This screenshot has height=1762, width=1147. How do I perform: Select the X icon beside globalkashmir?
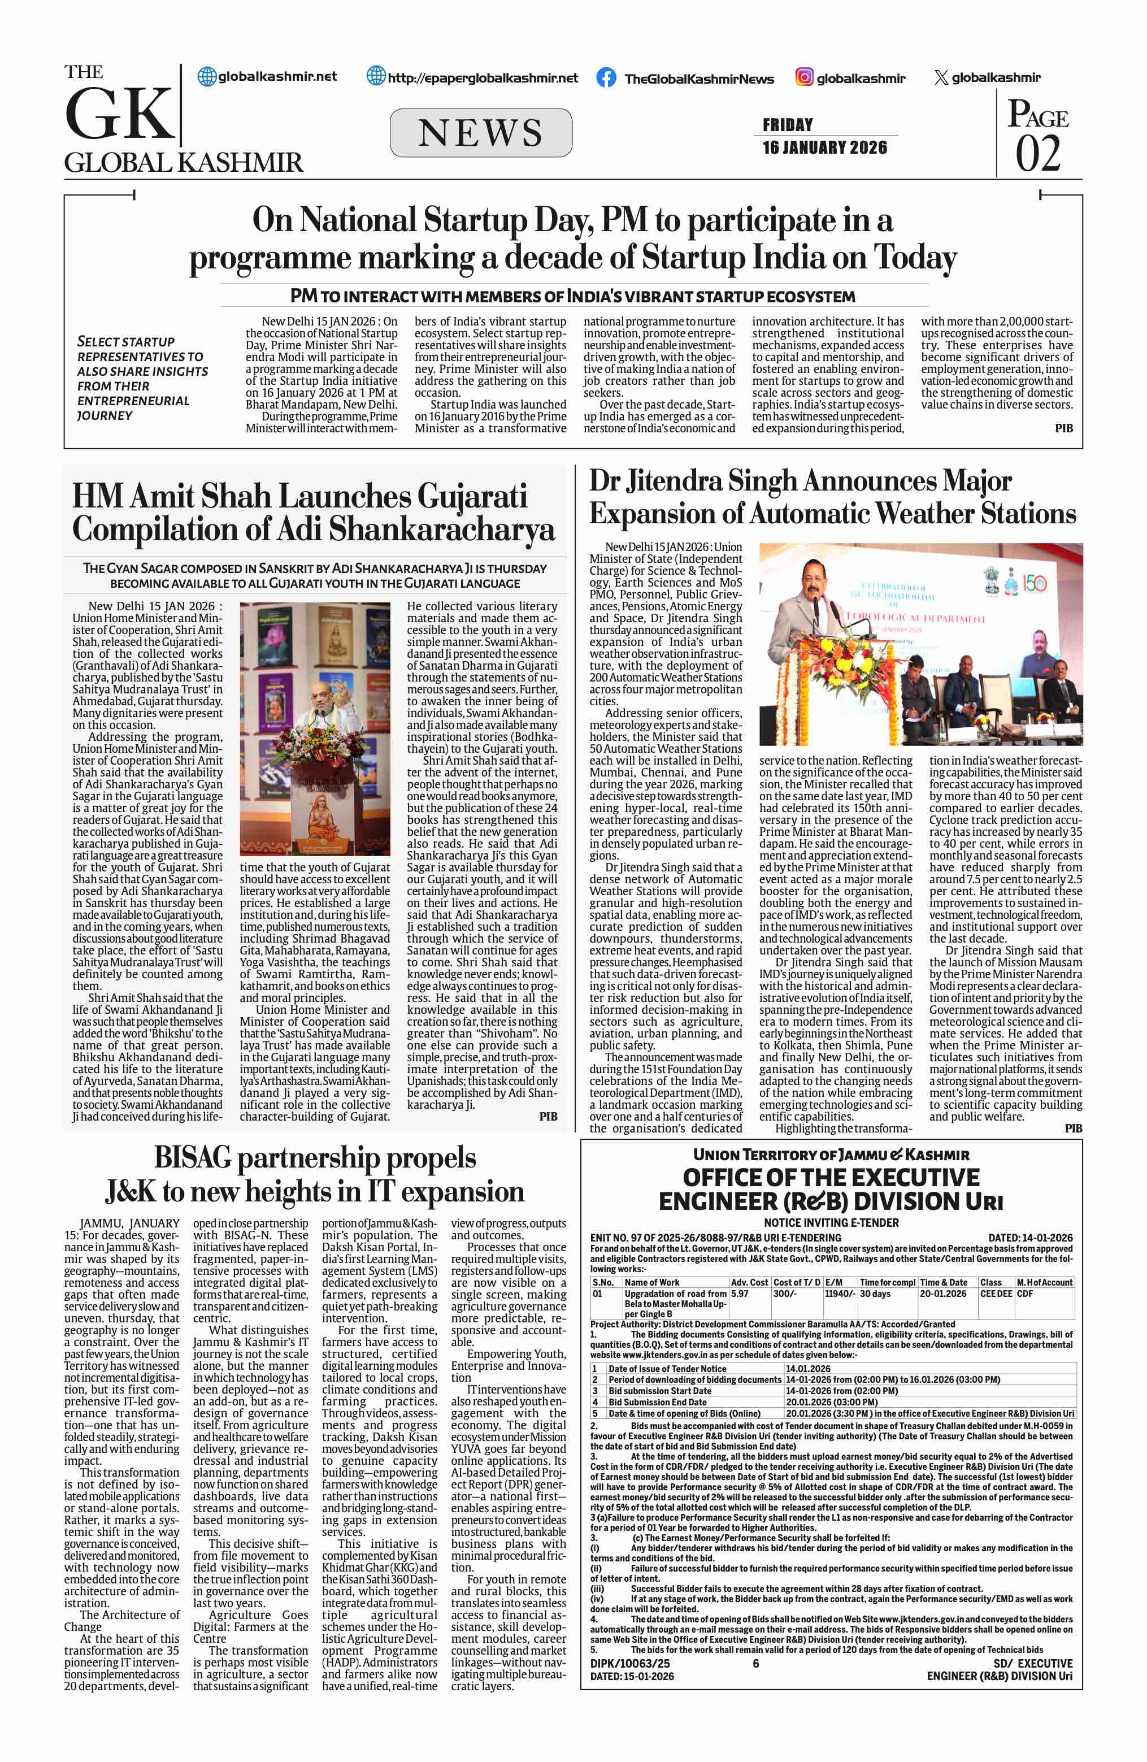click(941, 77)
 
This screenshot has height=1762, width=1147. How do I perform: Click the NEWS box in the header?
click(480, 133)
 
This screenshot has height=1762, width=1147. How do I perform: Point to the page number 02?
click(1037, 153)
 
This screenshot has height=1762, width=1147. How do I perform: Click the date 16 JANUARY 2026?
click(824, 147)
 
